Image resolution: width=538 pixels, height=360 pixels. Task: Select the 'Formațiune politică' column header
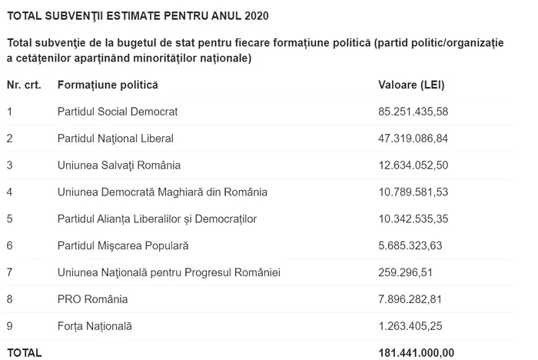click(x=107, y=83)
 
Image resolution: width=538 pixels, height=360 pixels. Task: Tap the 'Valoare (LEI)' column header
click(x=411, y=83)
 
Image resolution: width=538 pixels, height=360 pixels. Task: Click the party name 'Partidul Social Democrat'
click(x=117, y=112)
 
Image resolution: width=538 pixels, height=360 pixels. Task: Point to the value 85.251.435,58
click(x=413, y=112)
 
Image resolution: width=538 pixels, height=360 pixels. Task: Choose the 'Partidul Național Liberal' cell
click(x=115, y=138)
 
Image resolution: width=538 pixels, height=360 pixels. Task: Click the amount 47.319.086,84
click(x=413, y=138)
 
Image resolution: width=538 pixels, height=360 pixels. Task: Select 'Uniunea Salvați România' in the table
click(x=114, y=165)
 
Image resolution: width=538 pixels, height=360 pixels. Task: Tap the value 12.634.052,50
click(x=413, y=165)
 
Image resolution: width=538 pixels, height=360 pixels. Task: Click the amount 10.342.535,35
click(x=413, y=219)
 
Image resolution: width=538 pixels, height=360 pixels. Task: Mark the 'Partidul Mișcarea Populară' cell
click(x=122, y=246)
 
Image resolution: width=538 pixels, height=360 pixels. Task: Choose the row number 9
click(x=9, y=326)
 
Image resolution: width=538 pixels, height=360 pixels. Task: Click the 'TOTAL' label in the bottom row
click(x=24, y=352)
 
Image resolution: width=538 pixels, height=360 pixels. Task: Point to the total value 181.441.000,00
click(x=416, y=352)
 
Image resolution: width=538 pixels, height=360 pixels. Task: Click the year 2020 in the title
click(x=256, y=15)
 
